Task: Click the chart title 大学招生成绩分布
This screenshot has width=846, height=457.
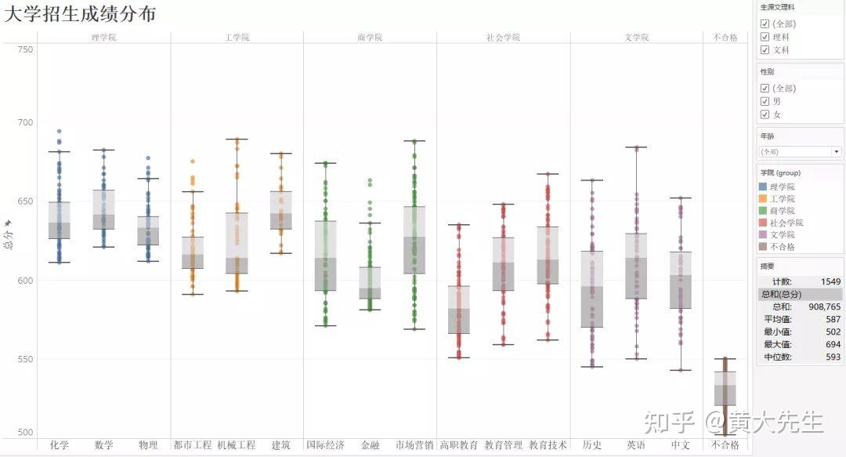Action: pyautogui.click(x=80, y=14)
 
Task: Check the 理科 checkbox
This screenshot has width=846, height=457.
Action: pyautogui.click(x=765, y=37)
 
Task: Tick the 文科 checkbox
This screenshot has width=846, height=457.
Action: pyautogui.click(x=765, y=50)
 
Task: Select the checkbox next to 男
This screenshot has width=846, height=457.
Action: pyautogui.click(x=765, y=101)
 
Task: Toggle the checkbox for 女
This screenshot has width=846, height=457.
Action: pyautogui.click(x=765, y=114)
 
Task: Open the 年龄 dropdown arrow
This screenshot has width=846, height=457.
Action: pyautogui.click(x=837, y=151)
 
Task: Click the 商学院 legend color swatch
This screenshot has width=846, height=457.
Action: pyautogui.click(x=764, y=211)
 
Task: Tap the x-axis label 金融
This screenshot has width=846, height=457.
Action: pyautogui.click(x=370, y=445)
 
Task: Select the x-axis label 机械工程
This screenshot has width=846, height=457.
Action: pyautogui.click(x=237, y=445)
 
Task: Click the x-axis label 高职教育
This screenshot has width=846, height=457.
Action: pyautogui.click(x=459, y=445)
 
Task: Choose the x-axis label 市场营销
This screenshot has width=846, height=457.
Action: pyautogui.click(x=414, y=445)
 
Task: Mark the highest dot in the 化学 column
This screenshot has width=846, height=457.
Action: pyautogui.click(x=59, y=132)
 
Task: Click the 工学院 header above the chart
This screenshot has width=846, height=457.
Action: pyautogui.click(x=237, y=37)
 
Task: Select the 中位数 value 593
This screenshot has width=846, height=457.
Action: pyautogui.click(x=832, y=357)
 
